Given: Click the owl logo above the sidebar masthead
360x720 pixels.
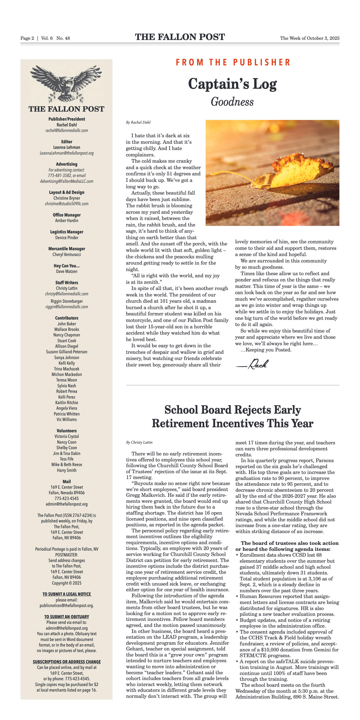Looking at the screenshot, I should point(66,84).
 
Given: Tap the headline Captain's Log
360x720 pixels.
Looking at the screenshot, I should point(232,84).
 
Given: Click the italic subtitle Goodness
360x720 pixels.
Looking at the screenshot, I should point(232,102).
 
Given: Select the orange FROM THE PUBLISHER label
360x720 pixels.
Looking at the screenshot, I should point(233,62).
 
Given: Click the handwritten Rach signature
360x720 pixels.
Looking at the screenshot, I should point(253,364).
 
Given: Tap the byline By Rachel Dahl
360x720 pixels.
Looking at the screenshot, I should point(138,122).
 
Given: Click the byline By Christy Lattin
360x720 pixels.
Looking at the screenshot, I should point(139,442).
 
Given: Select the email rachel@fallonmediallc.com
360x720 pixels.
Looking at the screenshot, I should point(67,131).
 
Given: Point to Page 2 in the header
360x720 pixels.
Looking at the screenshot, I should point(27,38).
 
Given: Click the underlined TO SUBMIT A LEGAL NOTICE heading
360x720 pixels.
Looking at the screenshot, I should point(67,594).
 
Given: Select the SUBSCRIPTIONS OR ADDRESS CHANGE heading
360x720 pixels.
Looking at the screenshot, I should point(67,662).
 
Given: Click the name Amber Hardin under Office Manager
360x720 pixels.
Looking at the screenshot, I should point(67,220).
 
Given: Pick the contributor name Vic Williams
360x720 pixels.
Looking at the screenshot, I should point(67,420).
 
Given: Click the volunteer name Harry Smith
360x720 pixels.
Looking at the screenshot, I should point(67,470).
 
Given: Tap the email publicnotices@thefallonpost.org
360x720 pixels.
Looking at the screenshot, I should point(67,606).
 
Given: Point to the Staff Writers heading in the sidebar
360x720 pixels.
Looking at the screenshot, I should point(67,283).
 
